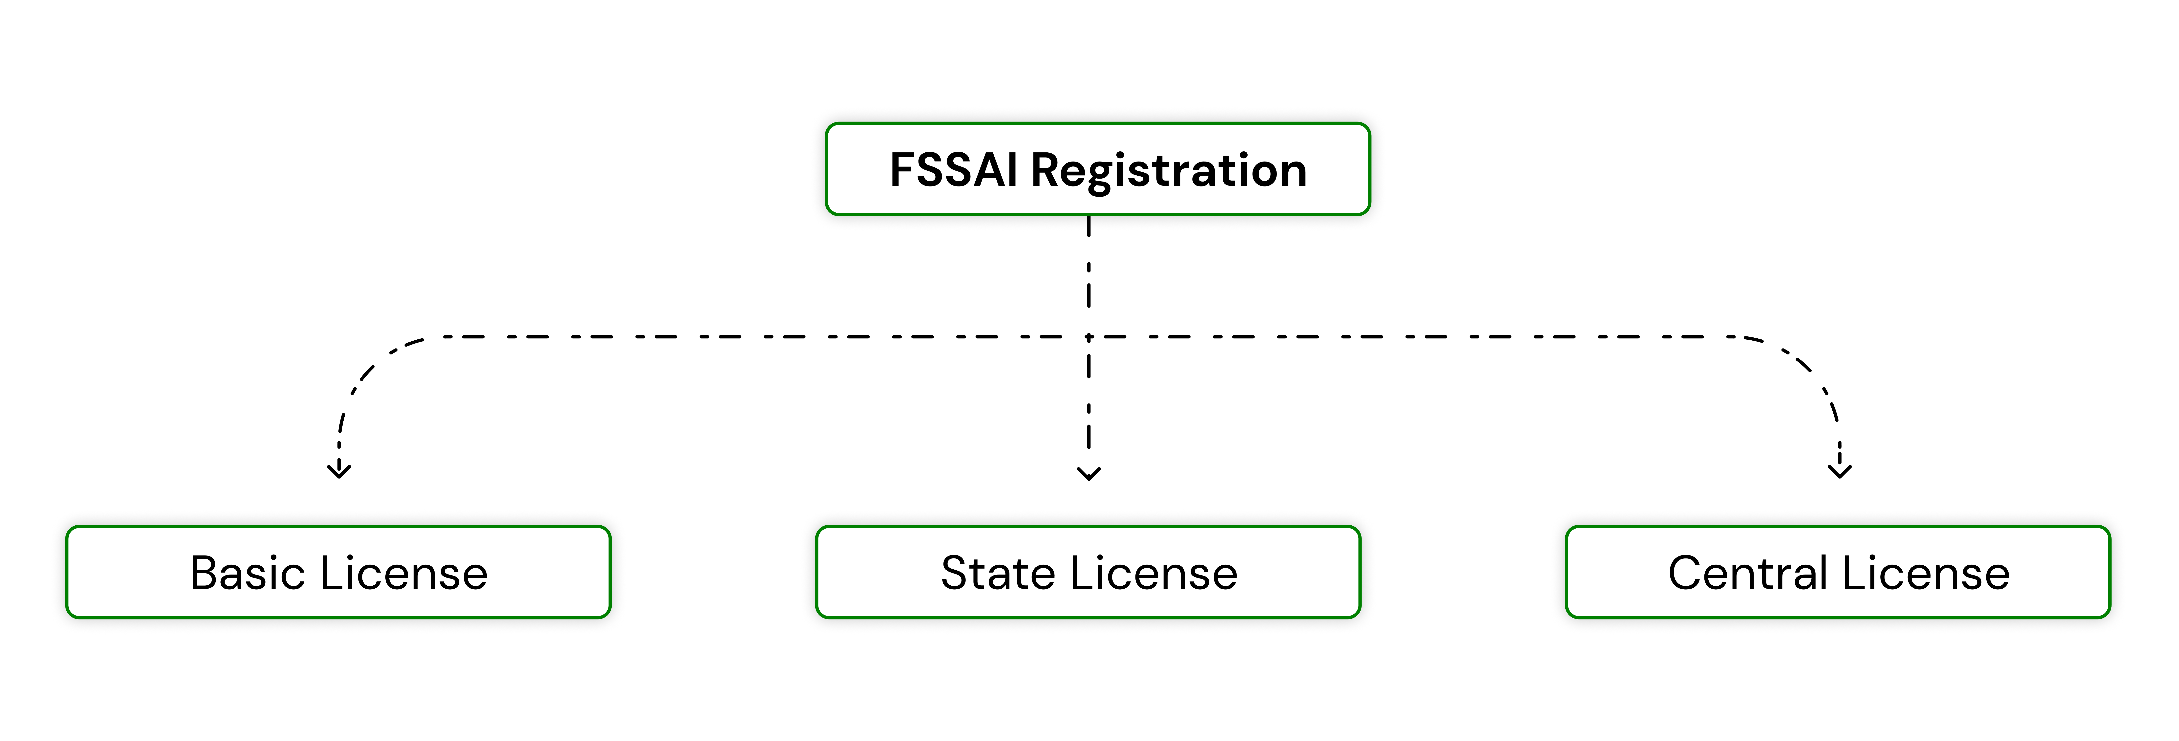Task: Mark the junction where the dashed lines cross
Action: pos(1089,337)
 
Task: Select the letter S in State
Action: pos(956,574)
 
